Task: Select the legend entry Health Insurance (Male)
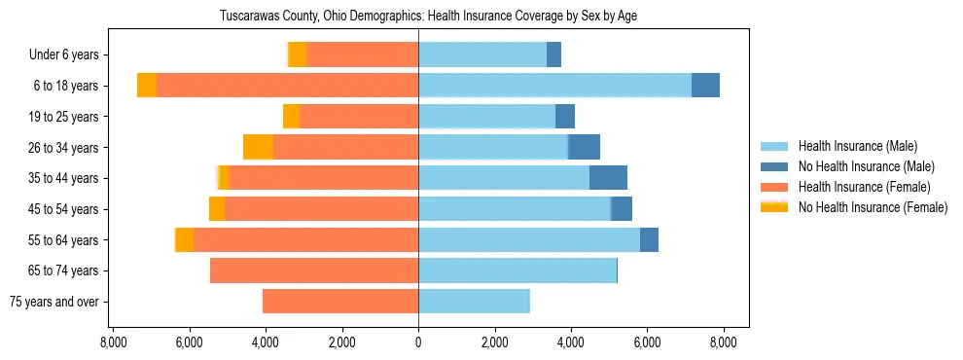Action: point(857,146)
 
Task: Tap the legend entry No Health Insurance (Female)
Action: point(873,207)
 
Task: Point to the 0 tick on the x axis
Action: point(418,342)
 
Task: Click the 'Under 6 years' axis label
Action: point(63,54)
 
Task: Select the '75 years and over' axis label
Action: point(53,302)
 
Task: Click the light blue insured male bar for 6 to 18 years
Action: point(554,86)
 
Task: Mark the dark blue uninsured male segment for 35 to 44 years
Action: point(608,178)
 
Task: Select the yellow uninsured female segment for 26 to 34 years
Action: point(258,147)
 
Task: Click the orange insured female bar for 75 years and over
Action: point(340,302)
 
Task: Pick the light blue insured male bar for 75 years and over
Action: point(474,302)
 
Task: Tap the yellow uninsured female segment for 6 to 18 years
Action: point(147,86)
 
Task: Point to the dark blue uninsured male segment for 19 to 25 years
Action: point(565,117)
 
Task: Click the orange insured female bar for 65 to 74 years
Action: point(314,270)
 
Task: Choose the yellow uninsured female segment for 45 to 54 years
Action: point(217,209)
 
